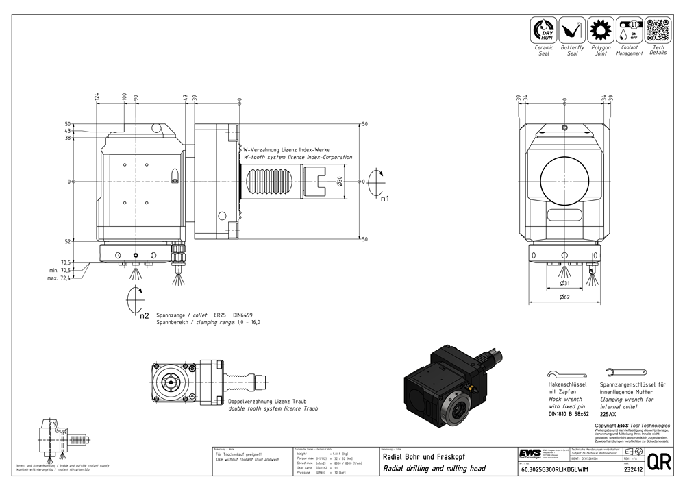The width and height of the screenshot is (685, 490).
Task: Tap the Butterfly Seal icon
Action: pos(572,31)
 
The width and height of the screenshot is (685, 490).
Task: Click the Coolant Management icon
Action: pos(629,31)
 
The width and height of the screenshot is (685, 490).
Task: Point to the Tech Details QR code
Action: pos(658,30)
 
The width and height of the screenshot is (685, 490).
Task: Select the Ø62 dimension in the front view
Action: pos(564,297)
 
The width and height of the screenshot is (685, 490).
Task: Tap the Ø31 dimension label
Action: pos(564,282)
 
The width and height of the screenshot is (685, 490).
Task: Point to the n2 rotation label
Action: pos(144,316)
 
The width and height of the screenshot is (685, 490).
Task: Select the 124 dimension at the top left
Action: pos(97,97)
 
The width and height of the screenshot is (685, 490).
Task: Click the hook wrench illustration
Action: pos(568,373)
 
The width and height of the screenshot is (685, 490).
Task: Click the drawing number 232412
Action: pos(632,470)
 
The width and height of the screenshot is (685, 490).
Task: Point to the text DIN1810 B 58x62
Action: pos(569,414)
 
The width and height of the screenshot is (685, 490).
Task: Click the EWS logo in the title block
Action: pos(529,454)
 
